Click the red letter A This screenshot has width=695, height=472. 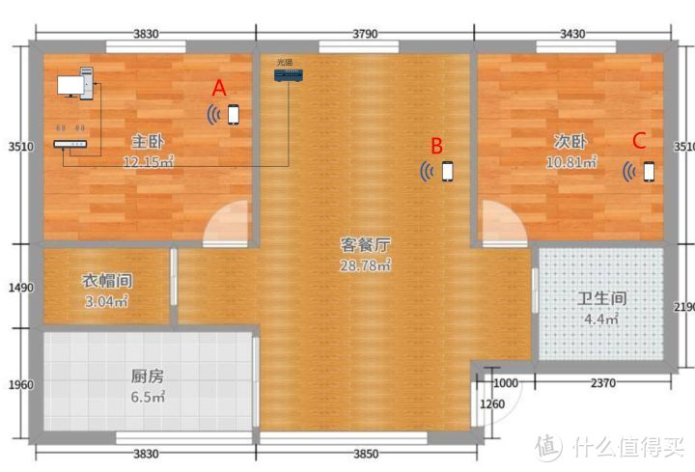coord(219,88)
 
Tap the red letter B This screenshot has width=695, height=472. coord(436,146)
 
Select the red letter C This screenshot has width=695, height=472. coord(638,140)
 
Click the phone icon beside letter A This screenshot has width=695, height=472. coord(234,115)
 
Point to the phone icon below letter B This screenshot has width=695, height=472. coord(447,172)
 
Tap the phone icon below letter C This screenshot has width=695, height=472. coord(649,171)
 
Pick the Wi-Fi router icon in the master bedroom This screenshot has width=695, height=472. coord(70,142)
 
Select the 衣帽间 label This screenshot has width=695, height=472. coord(105,281)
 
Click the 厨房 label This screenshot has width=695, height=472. coord(148,376)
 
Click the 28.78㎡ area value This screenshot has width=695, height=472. coord(365,264)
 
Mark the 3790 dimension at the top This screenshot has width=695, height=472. coord(364,34)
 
